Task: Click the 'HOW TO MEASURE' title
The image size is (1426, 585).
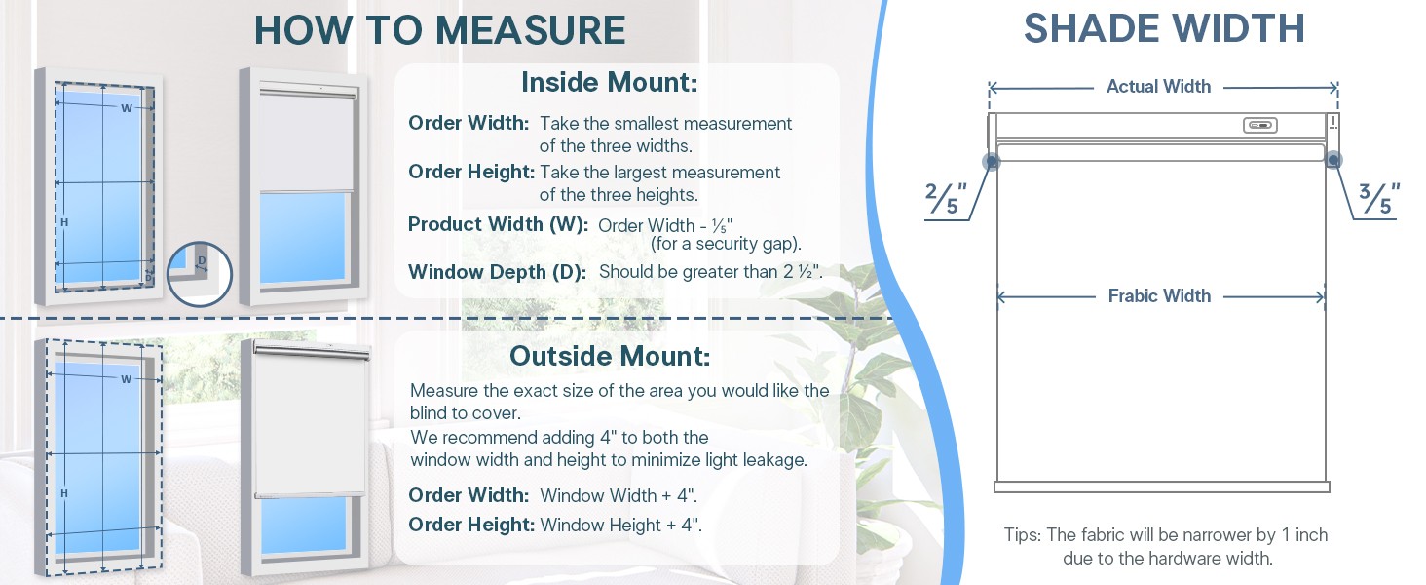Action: pyautogui.click(x=440, y=30)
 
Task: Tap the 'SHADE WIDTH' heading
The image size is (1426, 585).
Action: pyautogui.click(x=1164, y=28)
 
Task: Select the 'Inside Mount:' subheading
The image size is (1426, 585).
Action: pyautogui.click(x=609, y=82)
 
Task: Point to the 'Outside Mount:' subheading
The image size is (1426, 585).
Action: pyautogui.click(x=609, y=356)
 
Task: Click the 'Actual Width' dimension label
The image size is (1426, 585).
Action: pyautogui.click(x=1159, y=86)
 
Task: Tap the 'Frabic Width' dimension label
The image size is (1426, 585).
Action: pyautogui.click(x=1159, y=295)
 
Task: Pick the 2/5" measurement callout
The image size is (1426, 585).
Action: pyautogui.click(x=946, y=198)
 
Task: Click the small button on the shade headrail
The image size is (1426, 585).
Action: pyautogui.click(x=1259, y=125)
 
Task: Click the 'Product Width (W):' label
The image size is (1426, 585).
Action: pyautogui.click(x=498, y=224)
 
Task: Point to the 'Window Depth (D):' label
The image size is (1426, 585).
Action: pyautogui.click(x=497, y=272)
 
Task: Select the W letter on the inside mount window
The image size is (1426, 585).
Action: pyautogui.click(x=127, y=108)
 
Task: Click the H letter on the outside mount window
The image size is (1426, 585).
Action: pyautogui.click(x=63, y=493)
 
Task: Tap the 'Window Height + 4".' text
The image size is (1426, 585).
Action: pyautogui.click(x=620, y=526)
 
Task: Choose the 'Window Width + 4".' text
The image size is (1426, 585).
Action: pyautogui.click(x=619, y=495)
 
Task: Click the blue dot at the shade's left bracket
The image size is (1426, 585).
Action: pyautogui.click(x=991, y=161)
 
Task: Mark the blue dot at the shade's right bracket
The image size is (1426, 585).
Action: pyautogui.click(x=1333, y=159)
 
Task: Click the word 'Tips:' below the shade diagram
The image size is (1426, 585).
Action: pyautogui.click(x=1023, y=534)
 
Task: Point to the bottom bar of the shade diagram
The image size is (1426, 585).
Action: pyautogui.click(x=1162, y=487)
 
